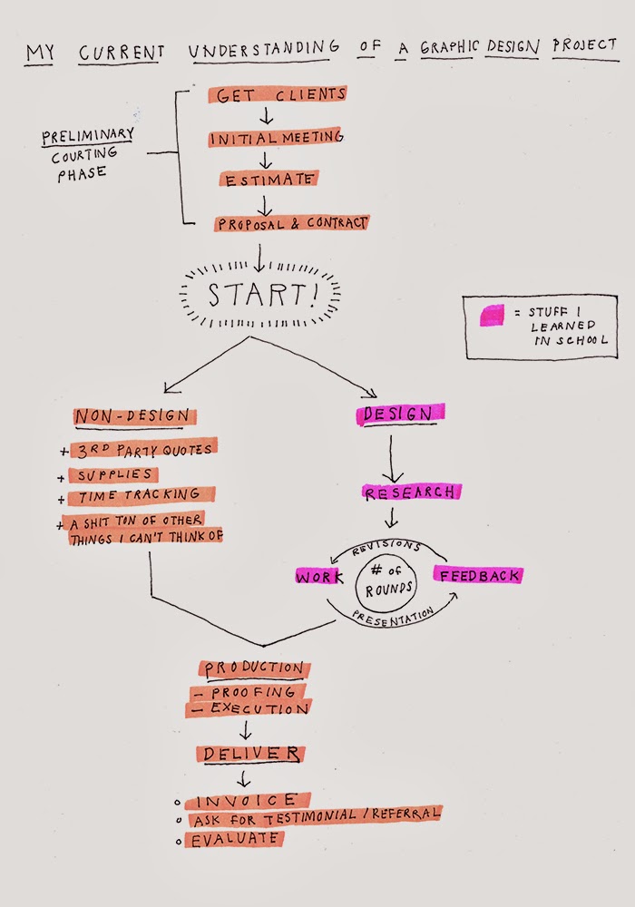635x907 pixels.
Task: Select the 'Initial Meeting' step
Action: pyautogui.click(x=275, y=138)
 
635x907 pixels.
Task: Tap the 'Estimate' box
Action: pyautogui.click(x=268, y=180)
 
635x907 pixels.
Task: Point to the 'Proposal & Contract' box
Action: pyautogui.click(x=291, y=222)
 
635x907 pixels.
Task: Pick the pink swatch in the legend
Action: pyautogui.click(x=493, y=315)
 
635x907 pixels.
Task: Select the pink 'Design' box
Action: pyautogui.click(x=399, y=414)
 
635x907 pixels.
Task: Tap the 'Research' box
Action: pyautogui.click(x=411, y=493)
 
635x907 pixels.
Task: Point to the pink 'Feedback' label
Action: pyautogui.click(x=478, y=575)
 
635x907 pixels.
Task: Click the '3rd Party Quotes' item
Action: pyautogui.click(x=146, y=448)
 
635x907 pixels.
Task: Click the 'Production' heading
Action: pyautogui.click(x=254, y=668)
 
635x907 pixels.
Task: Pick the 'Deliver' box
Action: pyautogui.click(x=250, y=754)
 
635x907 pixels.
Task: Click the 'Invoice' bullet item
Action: pyautogui.click(x=246, y=801)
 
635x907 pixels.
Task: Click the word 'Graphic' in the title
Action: pyautogui.click(x=448, y=48)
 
